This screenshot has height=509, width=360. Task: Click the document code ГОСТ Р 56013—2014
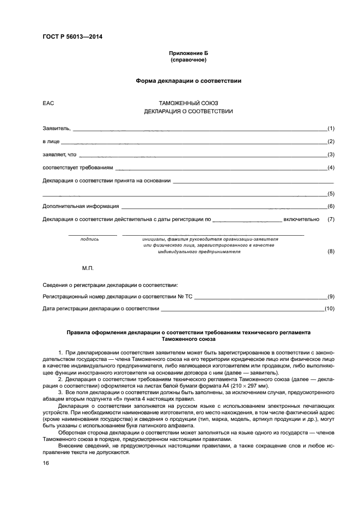pos(72,37)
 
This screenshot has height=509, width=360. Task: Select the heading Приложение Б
pos(188,53)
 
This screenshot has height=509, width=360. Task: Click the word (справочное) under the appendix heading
pos(188,60)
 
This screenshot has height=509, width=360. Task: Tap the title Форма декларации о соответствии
pos(188,81)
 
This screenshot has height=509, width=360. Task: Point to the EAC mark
pos(48,103)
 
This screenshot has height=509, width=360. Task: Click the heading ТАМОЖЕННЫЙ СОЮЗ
pos(188,103)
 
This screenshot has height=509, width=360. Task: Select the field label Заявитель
pos(56,128)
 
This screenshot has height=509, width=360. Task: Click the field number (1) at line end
pos(330,128)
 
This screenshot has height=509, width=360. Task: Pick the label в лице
pos(52,142)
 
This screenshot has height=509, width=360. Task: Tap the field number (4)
pos(330,168)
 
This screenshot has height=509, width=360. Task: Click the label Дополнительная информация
pos(81,207)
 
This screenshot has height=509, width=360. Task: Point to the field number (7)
pos(330,219)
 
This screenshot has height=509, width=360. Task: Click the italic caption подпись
pos(89,239)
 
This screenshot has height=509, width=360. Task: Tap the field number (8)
pos(330,252)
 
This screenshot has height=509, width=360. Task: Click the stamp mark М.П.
pos(88,269)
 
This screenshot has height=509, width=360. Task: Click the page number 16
pos(46,463)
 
